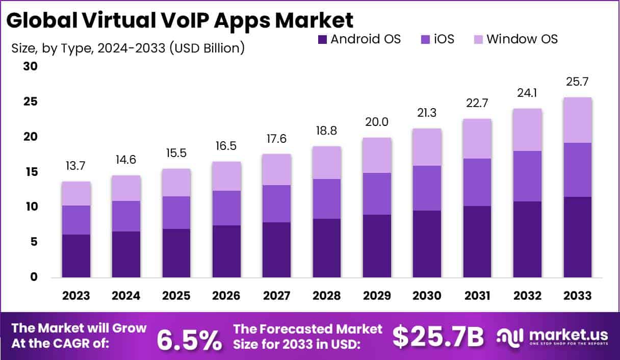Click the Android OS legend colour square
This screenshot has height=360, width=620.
[321, 39]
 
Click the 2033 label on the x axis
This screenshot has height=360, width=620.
[578, 296]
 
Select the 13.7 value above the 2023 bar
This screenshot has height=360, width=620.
[76, 166]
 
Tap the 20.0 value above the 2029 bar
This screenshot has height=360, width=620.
[377, 122]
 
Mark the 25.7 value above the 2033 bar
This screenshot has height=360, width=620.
[578, 82]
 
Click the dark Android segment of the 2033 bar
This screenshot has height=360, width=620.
[578, 237]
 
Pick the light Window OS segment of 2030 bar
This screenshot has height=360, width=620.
[427, 147]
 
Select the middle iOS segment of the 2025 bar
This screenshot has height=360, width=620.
[177, 213]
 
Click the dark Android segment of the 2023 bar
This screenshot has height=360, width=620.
[76, 256]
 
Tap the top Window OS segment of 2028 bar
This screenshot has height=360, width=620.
[327, 163]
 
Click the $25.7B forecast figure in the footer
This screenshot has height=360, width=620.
[438, 337]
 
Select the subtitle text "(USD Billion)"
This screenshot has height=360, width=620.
[206, 48]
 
